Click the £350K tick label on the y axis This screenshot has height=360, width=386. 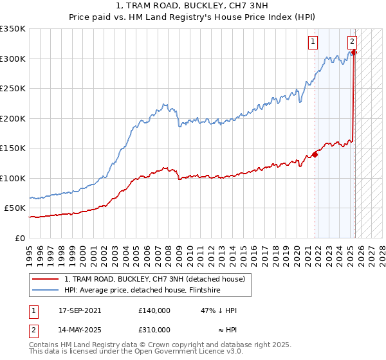coord(13,29)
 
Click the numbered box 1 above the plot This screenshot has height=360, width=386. coord(313,42)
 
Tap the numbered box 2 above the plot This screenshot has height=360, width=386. coord(353,42)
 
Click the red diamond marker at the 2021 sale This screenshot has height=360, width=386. coord(315,154)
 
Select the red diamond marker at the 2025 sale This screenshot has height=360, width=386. coord(354,53)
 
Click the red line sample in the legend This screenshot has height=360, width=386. coord(46,280)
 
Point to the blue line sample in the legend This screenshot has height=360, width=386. coord(46,290)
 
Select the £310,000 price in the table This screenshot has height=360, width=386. coord(154,329)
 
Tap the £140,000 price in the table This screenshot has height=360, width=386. coord(154,310)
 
